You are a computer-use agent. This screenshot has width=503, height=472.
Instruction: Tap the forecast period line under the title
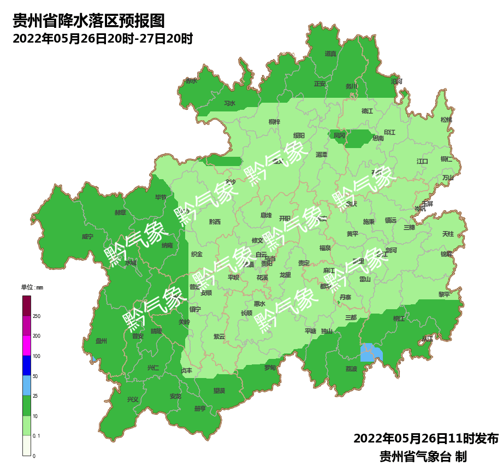pyautogui.click(x=103, y=39)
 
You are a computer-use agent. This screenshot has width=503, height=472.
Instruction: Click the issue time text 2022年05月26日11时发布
pyautogui.click(x=425, y=439)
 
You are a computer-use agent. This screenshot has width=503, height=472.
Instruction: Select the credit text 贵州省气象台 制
pyautogui.click(x=423, y=456)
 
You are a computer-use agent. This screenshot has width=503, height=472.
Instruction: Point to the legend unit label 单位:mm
pyautogui.click(x=32, y=287)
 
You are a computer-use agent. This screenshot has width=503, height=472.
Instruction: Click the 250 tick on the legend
pyautogui.click(x=37, y=316)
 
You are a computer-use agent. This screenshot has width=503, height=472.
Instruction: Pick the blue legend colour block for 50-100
pyautogui.click(x=27, y=365)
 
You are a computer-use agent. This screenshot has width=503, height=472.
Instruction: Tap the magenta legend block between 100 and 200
pyautogui.click(x=27, y=345)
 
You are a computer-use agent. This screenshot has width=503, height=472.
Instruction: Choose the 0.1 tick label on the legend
pyautogui.click(x=37, y=435)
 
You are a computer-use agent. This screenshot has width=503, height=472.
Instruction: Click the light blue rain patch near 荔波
pyautogui.click(x=371, y=352)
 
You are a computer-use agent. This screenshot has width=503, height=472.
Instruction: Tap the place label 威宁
pyautogui.click(x=87, y=237)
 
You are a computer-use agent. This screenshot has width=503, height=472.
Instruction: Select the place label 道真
pyautogui.click(x=330, y=54)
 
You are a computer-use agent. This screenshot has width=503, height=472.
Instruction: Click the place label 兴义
pyautogui.click(x=133, y=399)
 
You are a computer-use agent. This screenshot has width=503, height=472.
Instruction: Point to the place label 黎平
pyautogui.click(x=444, y=294)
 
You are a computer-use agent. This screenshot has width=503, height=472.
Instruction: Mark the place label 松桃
pyautogui.click(x=446, y=120)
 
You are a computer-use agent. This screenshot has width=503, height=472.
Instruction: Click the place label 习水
pyautogui.click(x=229, y=103)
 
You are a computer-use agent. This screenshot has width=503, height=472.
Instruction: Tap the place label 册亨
pyautogui.click(x=200, y=409)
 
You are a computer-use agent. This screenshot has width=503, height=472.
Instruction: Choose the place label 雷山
pyautogui.click(x=365, y=279)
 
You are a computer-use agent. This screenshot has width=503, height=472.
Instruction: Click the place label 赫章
pyautogui.click(x=120, y=212)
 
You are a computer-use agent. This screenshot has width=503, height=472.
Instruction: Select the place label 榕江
pyautogui.click(x=399, y=318)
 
